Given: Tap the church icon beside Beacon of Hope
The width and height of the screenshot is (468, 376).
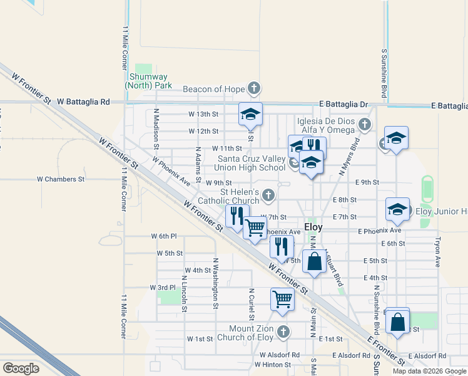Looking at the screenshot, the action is [253, 88].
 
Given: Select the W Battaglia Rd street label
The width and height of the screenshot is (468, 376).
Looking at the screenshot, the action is [83, 102].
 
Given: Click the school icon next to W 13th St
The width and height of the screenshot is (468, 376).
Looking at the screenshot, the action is [250, 114].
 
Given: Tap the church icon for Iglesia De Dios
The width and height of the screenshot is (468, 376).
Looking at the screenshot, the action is [365, 124].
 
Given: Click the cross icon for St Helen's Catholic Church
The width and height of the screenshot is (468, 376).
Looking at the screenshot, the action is [268, 195].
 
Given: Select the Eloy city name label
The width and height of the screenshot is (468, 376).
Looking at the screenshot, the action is [313, 227].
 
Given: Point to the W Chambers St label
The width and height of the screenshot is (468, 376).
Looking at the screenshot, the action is [61, 179].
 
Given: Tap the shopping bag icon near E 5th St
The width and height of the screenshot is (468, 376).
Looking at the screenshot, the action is [315, 260].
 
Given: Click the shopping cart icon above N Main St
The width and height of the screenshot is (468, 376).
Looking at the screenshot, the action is [282, 299].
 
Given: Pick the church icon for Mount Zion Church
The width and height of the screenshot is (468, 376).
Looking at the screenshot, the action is [283, 331].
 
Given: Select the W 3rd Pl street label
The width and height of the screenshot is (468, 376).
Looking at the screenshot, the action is [163, 287].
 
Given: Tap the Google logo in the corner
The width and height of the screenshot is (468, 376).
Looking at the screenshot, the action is [21, 368].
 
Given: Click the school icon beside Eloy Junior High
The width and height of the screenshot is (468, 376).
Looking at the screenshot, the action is [397, 209].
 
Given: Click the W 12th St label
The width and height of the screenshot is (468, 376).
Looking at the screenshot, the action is [203, 132].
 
